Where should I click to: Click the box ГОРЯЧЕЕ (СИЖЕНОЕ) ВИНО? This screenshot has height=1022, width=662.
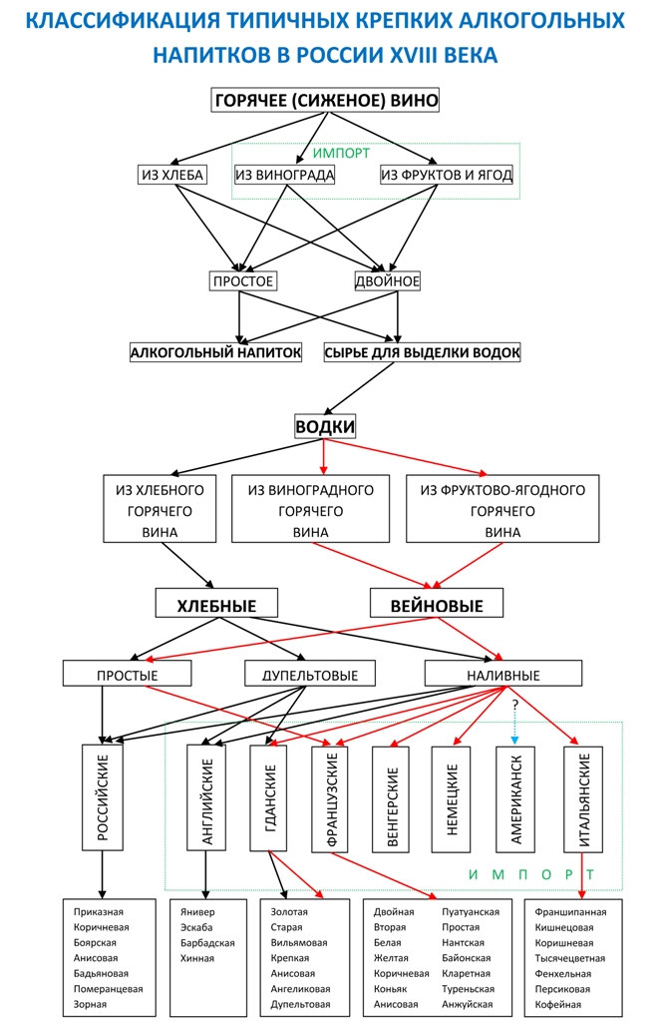tap(326, 101)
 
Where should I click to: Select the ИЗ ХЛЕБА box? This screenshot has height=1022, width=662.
tap(171, 176)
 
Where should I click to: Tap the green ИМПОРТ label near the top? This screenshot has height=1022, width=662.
tap(341, 154)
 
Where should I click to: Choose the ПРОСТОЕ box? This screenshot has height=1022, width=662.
tap(242, 281)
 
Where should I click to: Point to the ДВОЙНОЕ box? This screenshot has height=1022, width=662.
tap(388, 281)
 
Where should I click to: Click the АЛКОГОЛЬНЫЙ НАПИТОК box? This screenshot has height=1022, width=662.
tap(215, 352)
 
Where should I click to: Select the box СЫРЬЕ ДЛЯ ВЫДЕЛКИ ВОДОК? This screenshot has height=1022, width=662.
tap(423, 352)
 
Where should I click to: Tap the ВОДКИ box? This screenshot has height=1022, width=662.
tap(325, 426)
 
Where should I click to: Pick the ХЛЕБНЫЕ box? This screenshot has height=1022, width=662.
tap(216, 605)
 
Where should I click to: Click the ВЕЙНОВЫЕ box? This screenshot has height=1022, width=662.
tap(436, 605)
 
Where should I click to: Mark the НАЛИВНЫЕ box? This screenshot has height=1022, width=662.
tap(502, 675)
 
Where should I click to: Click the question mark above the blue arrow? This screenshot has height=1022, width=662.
tap(514, 706)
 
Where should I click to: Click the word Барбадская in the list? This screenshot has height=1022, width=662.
tap(207, 943)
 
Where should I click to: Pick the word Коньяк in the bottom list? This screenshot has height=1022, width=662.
tap(391, 989)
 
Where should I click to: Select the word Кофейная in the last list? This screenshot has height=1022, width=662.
tap(558, 1004)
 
